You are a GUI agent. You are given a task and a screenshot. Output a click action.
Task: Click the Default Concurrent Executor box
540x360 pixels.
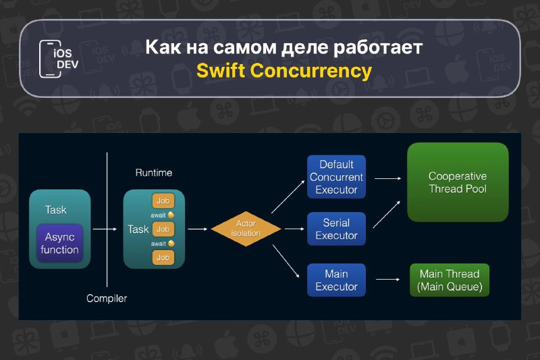pos(336,177)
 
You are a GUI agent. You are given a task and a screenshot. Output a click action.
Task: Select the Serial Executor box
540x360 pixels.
pos(336,229)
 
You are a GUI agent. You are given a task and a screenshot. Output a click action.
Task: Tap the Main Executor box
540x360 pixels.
pos(336,280)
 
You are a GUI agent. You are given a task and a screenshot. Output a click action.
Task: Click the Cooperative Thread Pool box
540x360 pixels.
pos(458,182)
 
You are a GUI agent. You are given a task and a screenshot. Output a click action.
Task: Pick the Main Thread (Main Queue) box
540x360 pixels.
pos(450,280)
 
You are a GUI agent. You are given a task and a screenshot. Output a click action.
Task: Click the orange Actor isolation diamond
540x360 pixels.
pos(246,229)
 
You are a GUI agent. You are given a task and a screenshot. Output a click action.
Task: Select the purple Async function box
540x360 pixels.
pos(59,243)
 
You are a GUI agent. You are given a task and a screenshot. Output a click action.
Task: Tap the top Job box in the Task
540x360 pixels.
pos(163,201)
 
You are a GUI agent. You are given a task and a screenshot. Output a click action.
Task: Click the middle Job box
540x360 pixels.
pos(163,229)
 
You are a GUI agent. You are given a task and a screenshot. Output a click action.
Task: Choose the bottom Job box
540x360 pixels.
pos(163,257)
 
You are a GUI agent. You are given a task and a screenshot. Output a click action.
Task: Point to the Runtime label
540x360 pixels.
pos(154,173)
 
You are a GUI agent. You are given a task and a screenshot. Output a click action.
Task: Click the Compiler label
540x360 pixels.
pos(107,299)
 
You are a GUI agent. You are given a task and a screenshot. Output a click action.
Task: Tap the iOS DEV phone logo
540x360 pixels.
pos(59,59)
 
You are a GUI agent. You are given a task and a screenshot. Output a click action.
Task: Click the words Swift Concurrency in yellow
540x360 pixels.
pos(284,71)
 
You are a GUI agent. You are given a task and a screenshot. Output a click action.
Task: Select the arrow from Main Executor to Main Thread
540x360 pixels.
pos(387,280)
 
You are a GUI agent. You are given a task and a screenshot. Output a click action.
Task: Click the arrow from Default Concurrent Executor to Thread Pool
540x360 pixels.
pos(387,178)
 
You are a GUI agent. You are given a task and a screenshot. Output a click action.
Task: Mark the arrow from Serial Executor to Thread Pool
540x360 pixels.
pos(387,214)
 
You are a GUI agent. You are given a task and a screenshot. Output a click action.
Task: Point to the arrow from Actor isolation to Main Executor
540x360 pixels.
pos(286,261)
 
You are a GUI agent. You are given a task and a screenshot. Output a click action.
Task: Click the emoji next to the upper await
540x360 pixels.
pos(171,215)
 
